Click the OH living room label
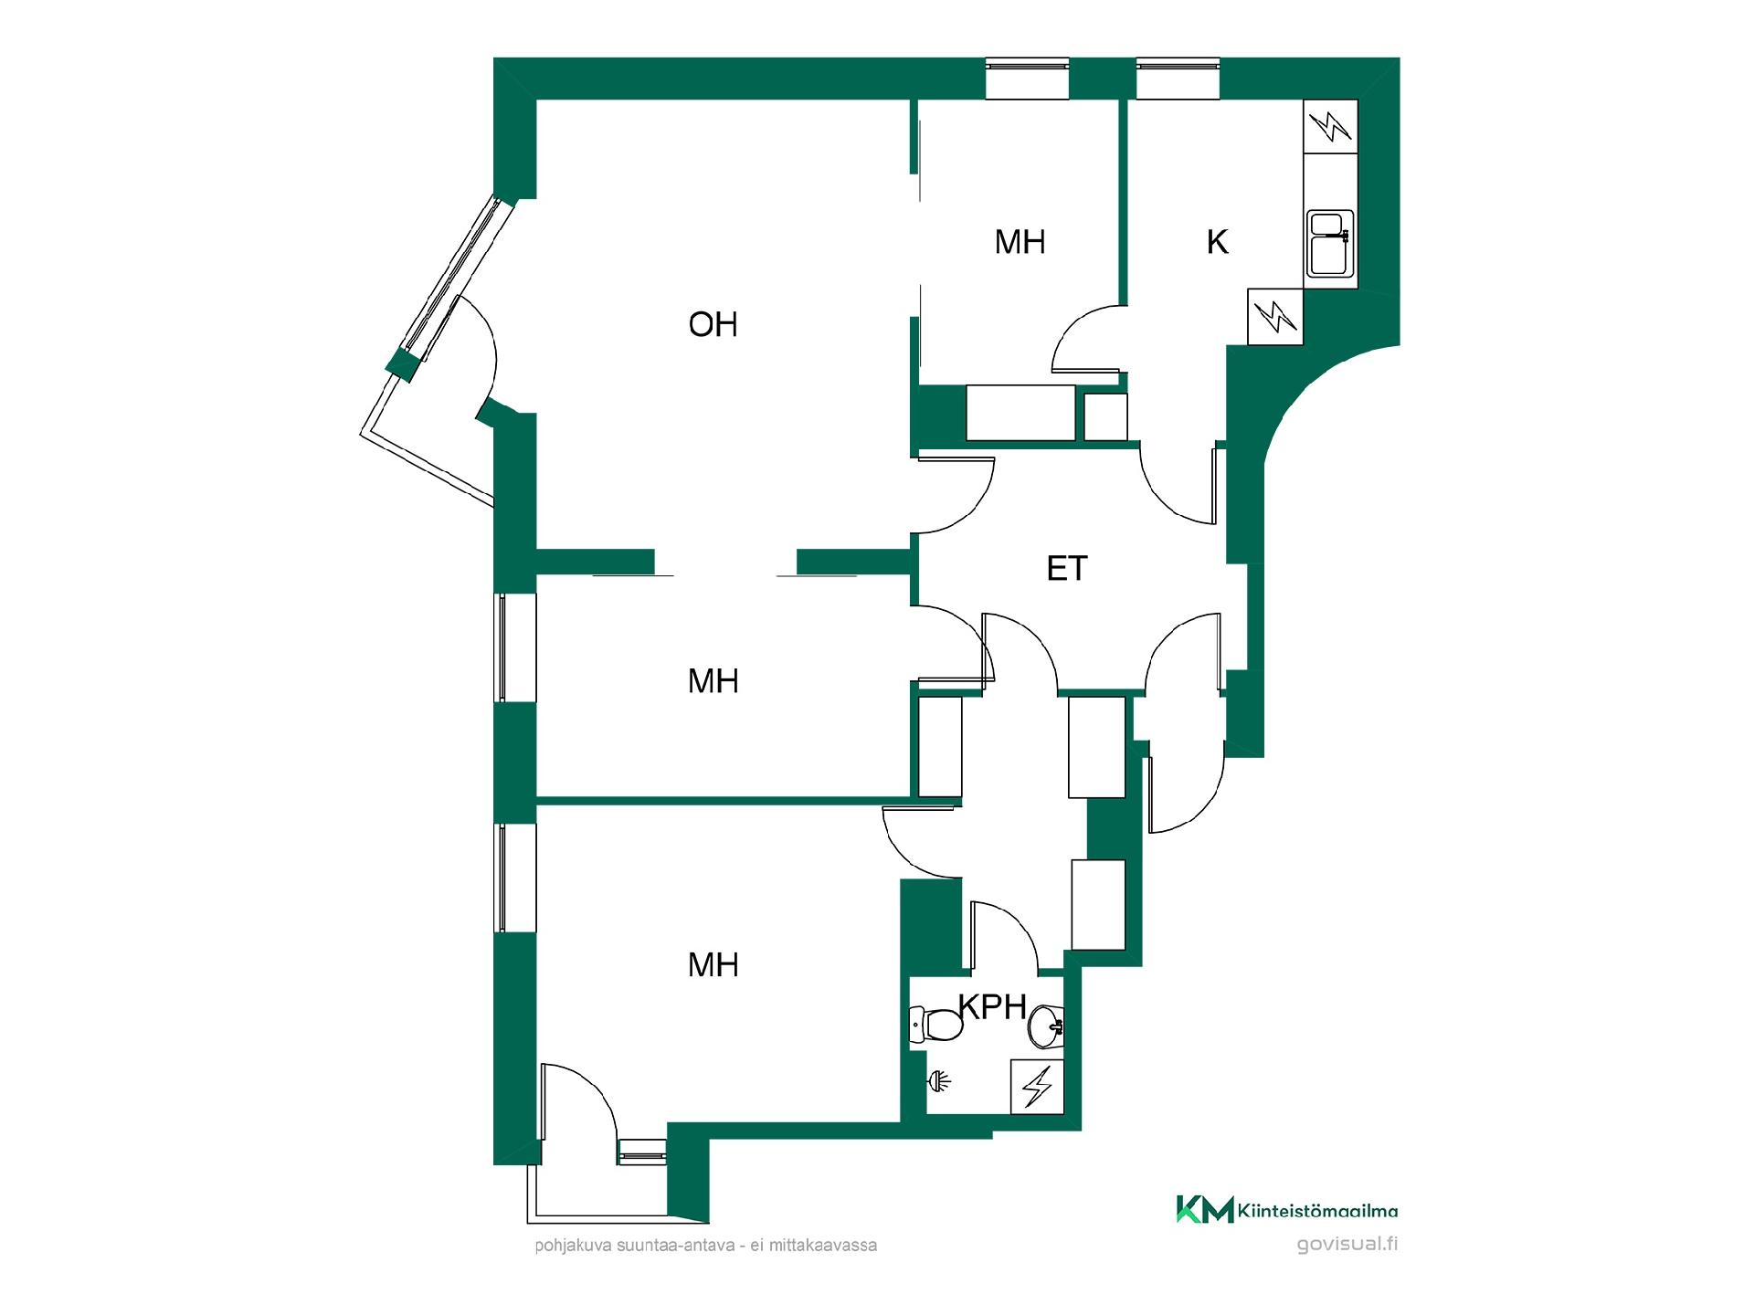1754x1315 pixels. click(713, 324)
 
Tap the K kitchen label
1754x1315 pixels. click(1217, 242)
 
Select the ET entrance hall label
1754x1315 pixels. click(1067, 568)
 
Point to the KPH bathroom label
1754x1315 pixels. click(993, 1006)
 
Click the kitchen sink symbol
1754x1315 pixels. click(1330, 243)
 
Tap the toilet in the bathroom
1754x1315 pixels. click(936, 1025)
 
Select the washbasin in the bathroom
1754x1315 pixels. click(1046, 1027)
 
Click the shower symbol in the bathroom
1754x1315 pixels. click(939, 1082)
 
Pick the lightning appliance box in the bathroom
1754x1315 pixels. click(1037, 1087)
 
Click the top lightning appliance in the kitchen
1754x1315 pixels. click(1331, 126)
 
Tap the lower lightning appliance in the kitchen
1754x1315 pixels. click(1275, 317)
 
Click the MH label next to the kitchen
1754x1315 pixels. click(1020, 242)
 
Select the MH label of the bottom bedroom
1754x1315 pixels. click(713, 964)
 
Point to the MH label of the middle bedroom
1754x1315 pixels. click(713, 680)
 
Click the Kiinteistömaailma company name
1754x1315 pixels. click(1317, 1212)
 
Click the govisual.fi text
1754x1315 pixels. click(1347, 1245)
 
